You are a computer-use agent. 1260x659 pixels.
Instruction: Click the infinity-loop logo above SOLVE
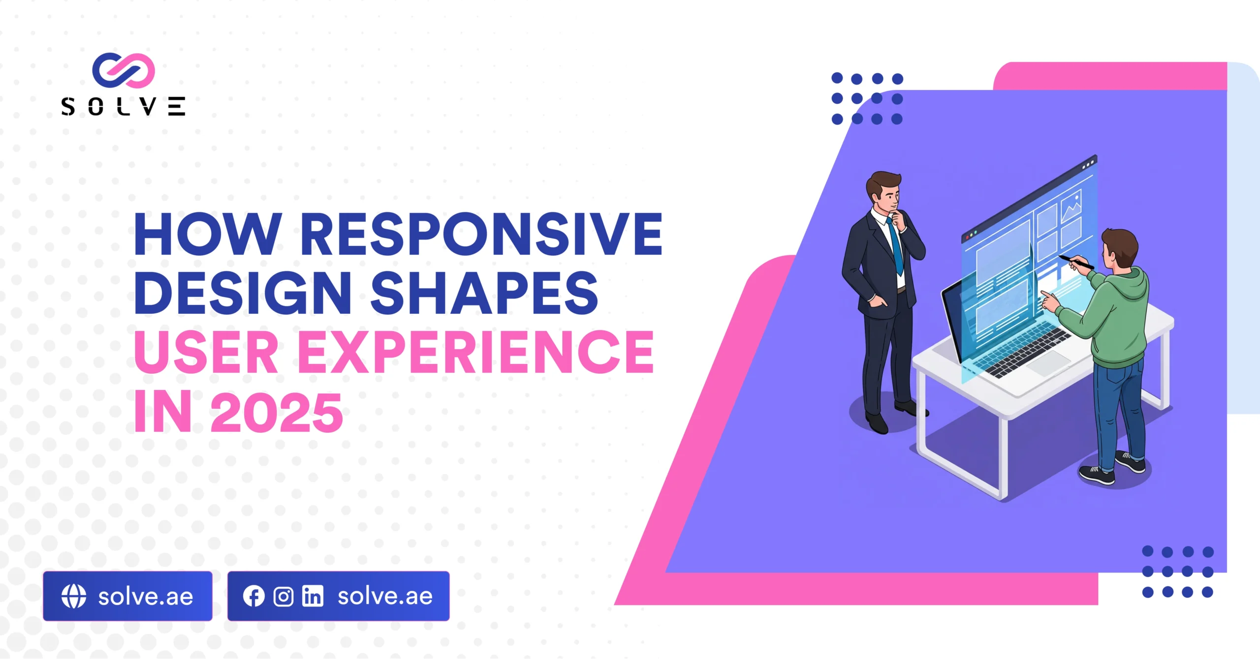124,70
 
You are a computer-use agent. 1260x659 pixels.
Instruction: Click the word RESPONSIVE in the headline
481,234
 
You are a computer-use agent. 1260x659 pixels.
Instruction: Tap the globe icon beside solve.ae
74,596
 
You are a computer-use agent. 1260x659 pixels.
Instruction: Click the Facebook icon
253,596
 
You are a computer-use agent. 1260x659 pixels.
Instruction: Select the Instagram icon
283,597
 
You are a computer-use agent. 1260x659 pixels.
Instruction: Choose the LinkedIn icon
313,597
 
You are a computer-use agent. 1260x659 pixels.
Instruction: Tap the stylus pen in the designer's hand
1076,262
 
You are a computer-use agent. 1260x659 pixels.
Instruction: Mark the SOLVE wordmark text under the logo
123,106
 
